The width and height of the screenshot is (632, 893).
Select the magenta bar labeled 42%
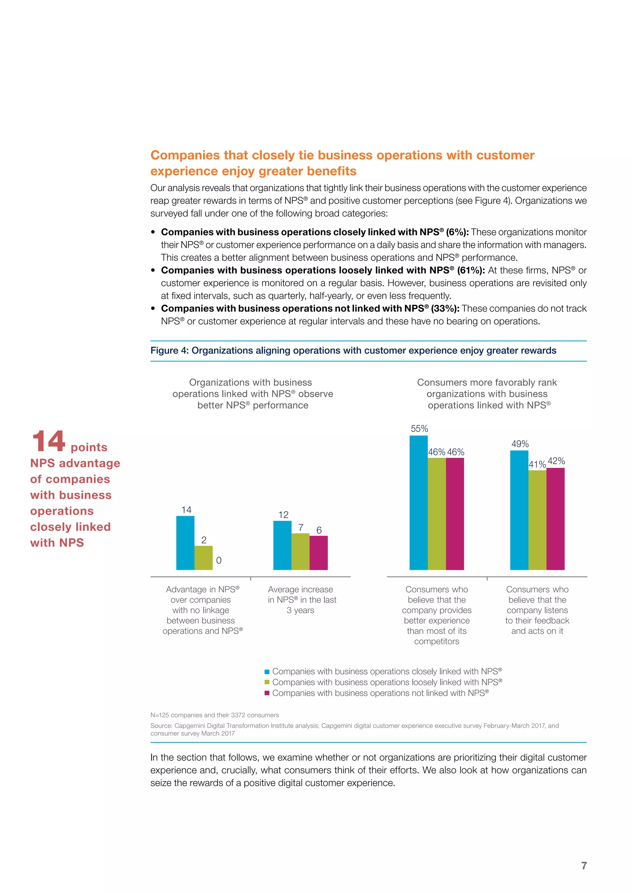(x=555, y=519)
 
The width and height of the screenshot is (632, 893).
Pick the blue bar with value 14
(x=185, y=543)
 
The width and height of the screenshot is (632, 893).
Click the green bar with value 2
(x=204, y=558)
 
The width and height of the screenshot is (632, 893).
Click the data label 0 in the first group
(x=219, y=561)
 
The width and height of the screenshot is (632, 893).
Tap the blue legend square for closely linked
(x=267, y=672)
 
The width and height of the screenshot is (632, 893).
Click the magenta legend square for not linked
(x=267, y=693)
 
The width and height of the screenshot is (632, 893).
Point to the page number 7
(x=584, y=865)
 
